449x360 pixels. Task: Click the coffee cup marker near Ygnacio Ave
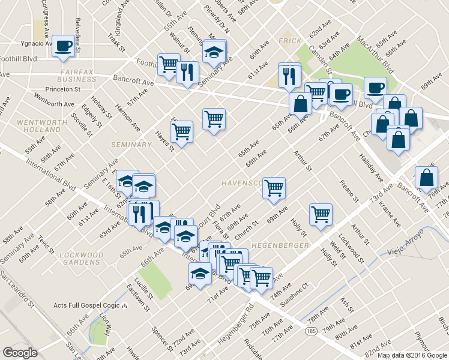[x=62, y=46]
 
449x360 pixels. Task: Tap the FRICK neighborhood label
[x=289, y=41]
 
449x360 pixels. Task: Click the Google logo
[x=20, y=352]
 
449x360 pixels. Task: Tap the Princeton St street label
[x=81, y=89]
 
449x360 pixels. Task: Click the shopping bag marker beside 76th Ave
[x=426, y=178]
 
